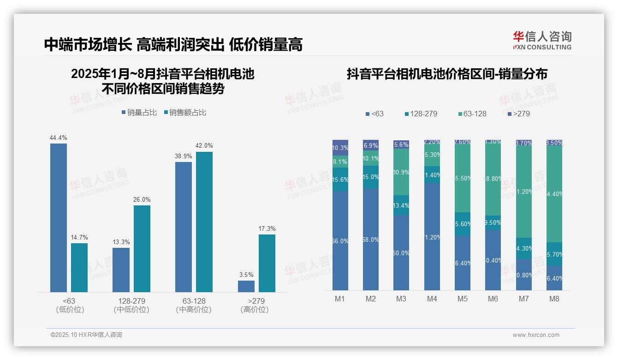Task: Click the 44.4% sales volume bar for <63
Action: pyautogui.click(x=59, y=217)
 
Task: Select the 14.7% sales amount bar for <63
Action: pyautogui.click(x=79, y=267)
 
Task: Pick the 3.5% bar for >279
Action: pyautogui.click(x=246, y=286)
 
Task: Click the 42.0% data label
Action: pyautogui.click(x=204, y=146)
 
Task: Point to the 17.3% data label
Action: pyautogui.click(x=267, y=228)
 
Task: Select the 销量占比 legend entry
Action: pyautogui.click(x=139, y=112)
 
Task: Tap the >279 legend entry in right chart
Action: pyautogui.click(x=518, y=114)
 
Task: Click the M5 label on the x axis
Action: pyautogui.click(x=463, y=299)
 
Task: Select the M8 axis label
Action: pyautogui.click(x=554, y=299)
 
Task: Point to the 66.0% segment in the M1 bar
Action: pyautogui.click(x=340, y=240)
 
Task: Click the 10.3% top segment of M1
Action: pyautogui.click(x=340, y=147)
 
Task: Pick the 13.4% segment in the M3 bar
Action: pyautogui.click(x=401, y=205)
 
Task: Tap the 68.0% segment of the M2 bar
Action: pyautogui.click(x=371, y=239)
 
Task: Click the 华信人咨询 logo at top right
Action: pyautogui.click(x=542, y=40)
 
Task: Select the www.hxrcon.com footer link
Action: pyautogui.click(x=536, y=335)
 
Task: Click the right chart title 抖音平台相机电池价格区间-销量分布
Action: pyautogui.click(x=447, y=74)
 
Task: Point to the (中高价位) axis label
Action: pyautogui.click(x=194, y=310)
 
